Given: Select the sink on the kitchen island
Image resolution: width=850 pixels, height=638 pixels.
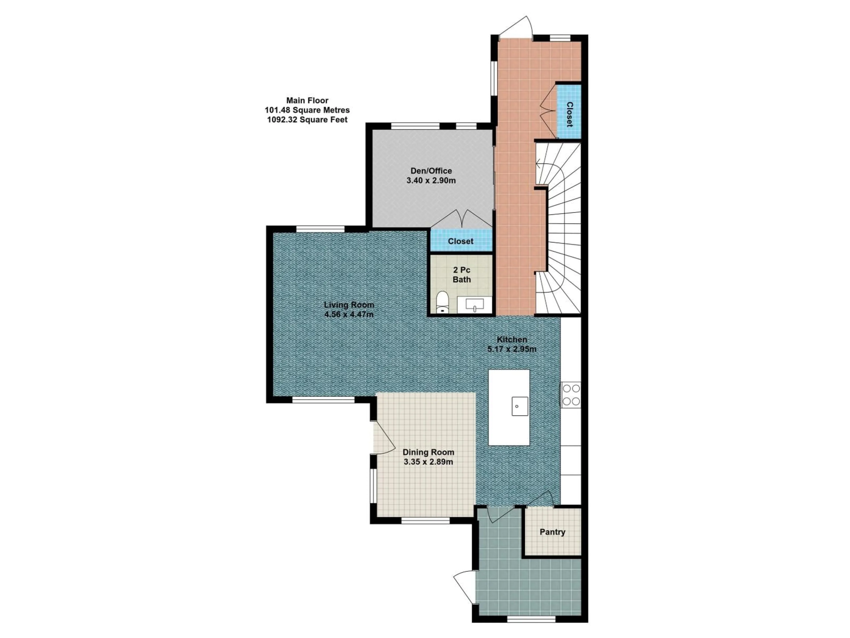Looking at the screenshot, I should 520,406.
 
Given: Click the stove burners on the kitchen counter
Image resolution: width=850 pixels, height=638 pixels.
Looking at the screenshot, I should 571,395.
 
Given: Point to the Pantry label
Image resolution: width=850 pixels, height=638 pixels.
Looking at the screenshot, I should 552,532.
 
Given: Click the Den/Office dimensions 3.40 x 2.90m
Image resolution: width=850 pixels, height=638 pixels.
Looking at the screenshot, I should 431,180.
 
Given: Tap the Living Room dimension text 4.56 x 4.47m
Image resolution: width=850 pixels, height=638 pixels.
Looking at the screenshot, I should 349,315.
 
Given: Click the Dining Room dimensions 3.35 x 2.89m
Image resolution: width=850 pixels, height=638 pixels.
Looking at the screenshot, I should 428,462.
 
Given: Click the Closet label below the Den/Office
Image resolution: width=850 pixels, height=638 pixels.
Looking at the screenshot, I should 460,241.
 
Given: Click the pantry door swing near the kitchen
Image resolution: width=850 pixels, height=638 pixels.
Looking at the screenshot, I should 542,499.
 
